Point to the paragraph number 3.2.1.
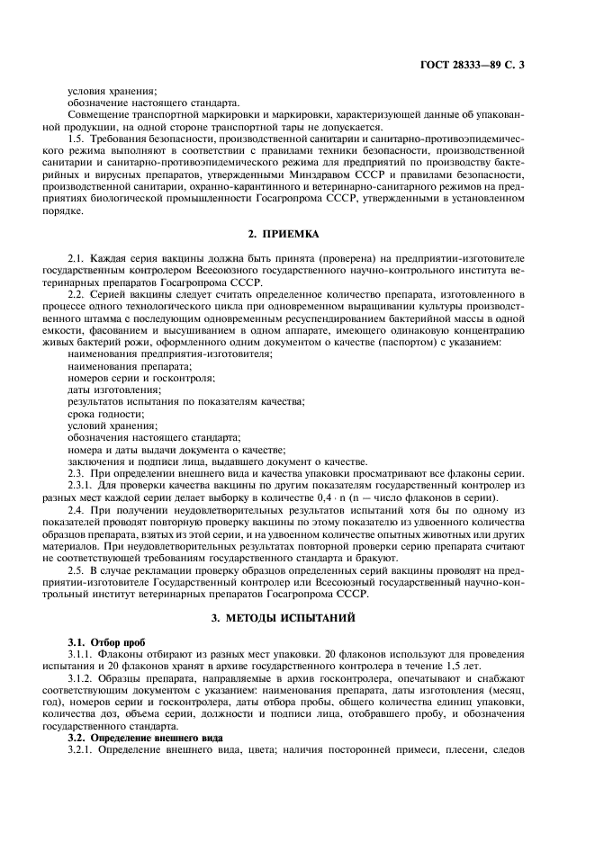[x=82, y=749]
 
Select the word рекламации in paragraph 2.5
[x=167, y=569]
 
